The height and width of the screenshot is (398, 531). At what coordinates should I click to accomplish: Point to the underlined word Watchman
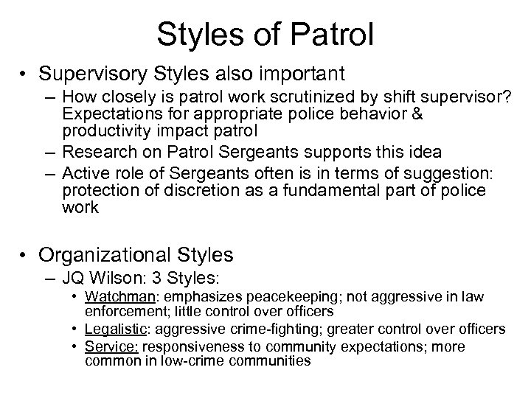pos(133,298)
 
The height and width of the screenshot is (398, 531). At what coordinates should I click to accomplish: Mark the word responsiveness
pos(189,347)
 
